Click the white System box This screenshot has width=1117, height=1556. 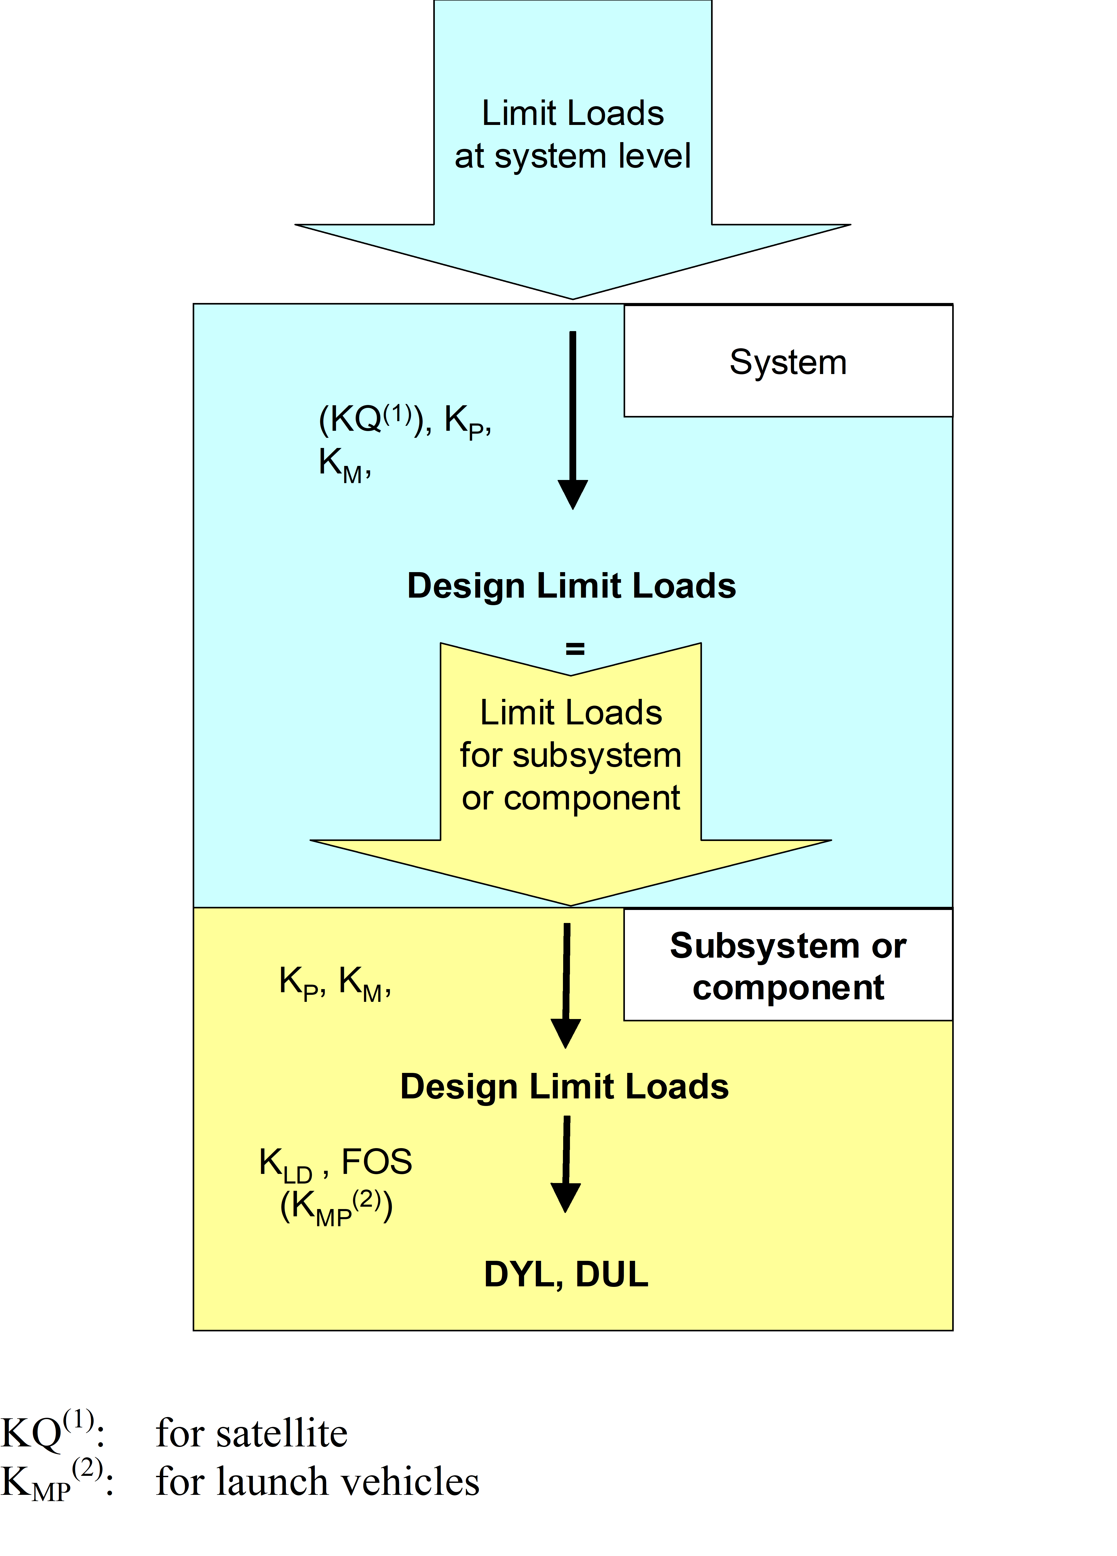click(788, 362)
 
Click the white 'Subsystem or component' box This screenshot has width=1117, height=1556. click(788, 965)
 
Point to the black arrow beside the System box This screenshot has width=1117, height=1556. click(572, 419)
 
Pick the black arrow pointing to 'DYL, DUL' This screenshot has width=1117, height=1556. click(566, 1163)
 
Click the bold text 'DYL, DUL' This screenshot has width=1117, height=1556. click(566, 1274)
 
